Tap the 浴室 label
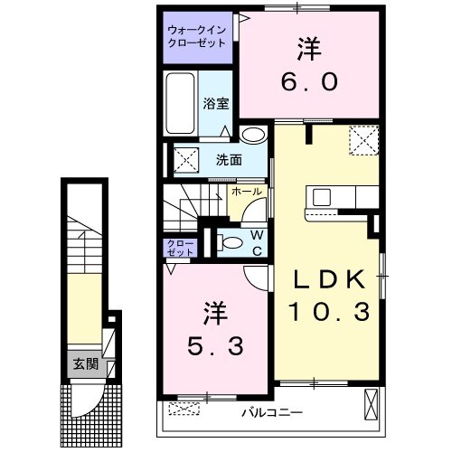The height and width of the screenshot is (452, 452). [x=216, y=104]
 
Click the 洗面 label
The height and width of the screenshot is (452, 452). [x=228, y=160]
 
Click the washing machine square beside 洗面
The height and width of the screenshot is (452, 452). [x=186, y=160]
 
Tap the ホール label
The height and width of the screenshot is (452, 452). [x=247, y=192]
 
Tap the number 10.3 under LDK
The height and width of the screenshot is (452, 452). [x=328, y=314]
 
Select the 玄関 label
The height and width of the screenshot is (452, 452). [x=86, y=365]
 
